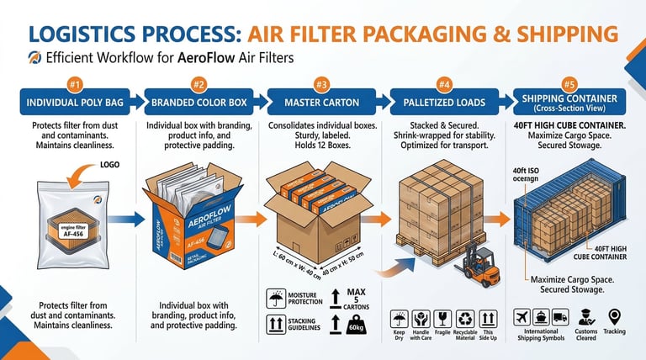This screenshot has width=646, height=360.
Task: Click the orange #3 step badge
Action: click(x=321, y=85)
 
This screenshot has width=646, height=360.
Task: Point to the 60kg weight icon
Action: click(x=357, y=325)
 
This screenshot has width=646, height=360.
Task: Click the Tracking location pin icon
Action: click(x=614, y=317)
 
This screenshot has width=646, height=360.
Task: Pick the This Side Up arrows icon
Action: click(x=488, y=320)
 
